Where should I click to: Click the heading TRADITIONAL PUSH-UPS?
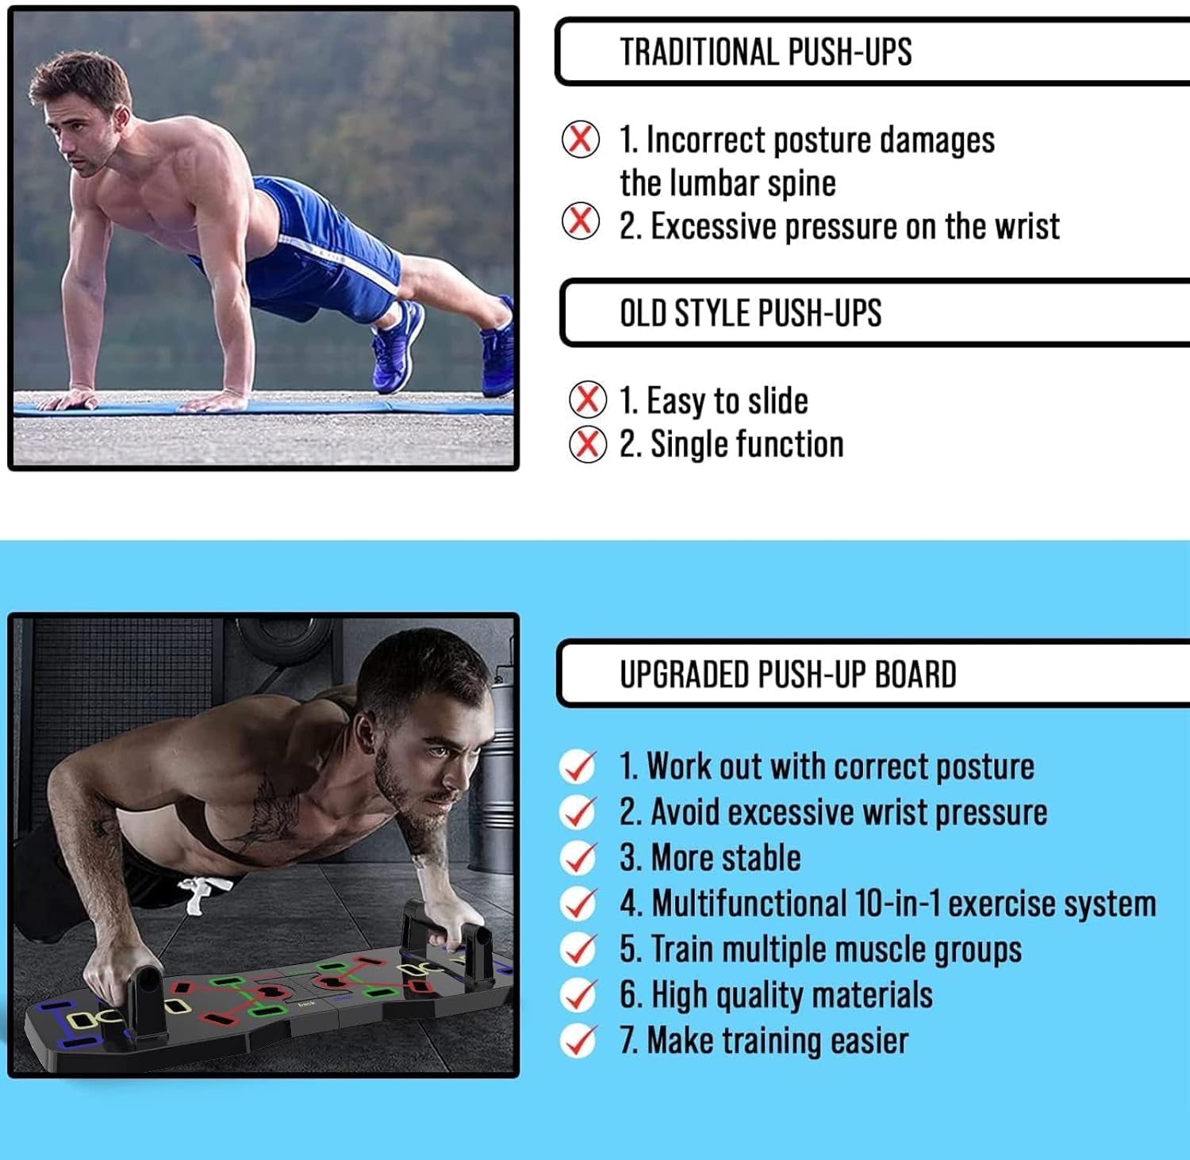coord(766,52)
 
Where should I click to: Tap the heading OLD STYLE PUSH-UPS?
coord(750,313)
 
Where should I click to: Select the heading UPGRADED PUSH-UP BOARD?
coord(788,675)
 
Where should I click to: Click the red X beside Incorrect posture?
coord(581,140)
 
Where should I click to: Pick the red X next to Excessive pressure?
coord(581,221)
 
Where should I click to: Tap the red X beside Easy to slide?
coord(588,399)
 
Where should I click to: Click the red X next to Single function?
coord(588,444)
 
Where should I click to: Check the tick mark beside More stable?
coord(578,858)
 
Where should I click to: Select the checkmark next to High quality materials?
coord(578,995)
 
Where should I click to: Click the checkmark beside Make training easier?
coord(578,1040)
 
